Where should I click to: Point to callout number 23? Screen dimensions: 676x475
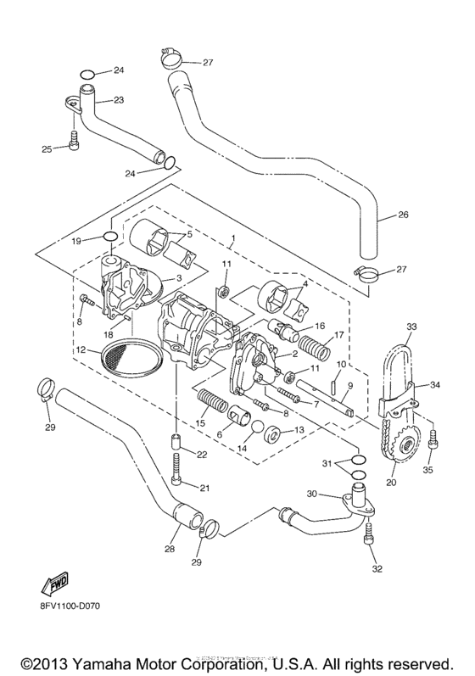(x=118, y=100)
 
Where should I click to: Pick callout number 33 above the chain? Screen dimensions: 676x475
(x=411, y=327)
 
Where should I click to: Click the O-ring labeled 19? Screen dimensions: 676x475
(x=109, y=237)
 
